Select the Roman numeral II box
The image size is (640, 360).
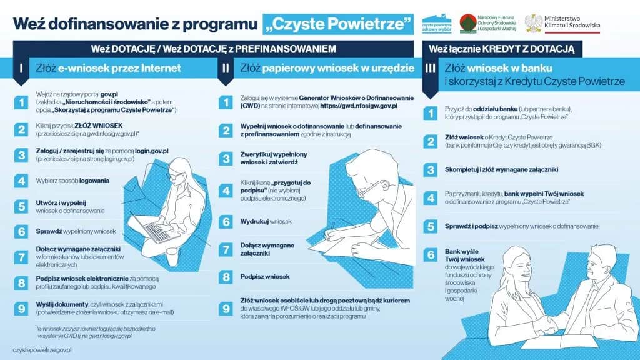pos(225,69)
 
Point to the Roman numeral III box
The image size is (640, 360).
pos(430,69)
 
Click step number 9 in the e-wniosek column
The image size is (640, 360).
pos(21,308)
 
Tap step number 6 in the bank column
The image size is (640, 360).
pos(431,255)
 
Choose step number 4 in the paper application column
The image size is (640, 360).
pos(226,190)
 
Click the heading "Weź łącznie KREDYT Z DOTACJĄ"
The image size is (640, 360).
pos(501,48)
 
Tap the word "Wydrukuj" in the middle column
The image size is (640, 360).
pos(255,221)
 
